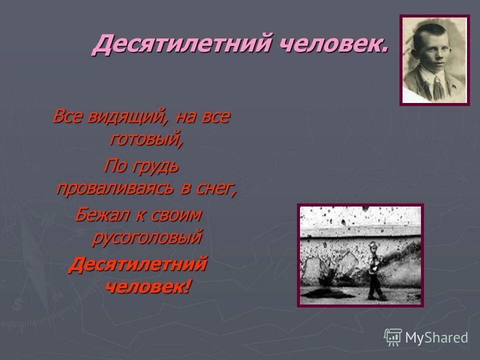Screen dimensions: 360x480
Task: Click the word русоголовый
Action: click(x=147, y=237)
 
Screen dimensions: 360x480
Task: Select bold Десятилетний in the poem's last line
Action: click(x=137, y=263)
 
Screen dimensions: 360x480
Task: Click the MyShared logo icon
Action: click(x=393, y=337)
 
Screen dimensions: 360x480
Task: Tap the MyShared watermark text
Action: click(x=436, y=338)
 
